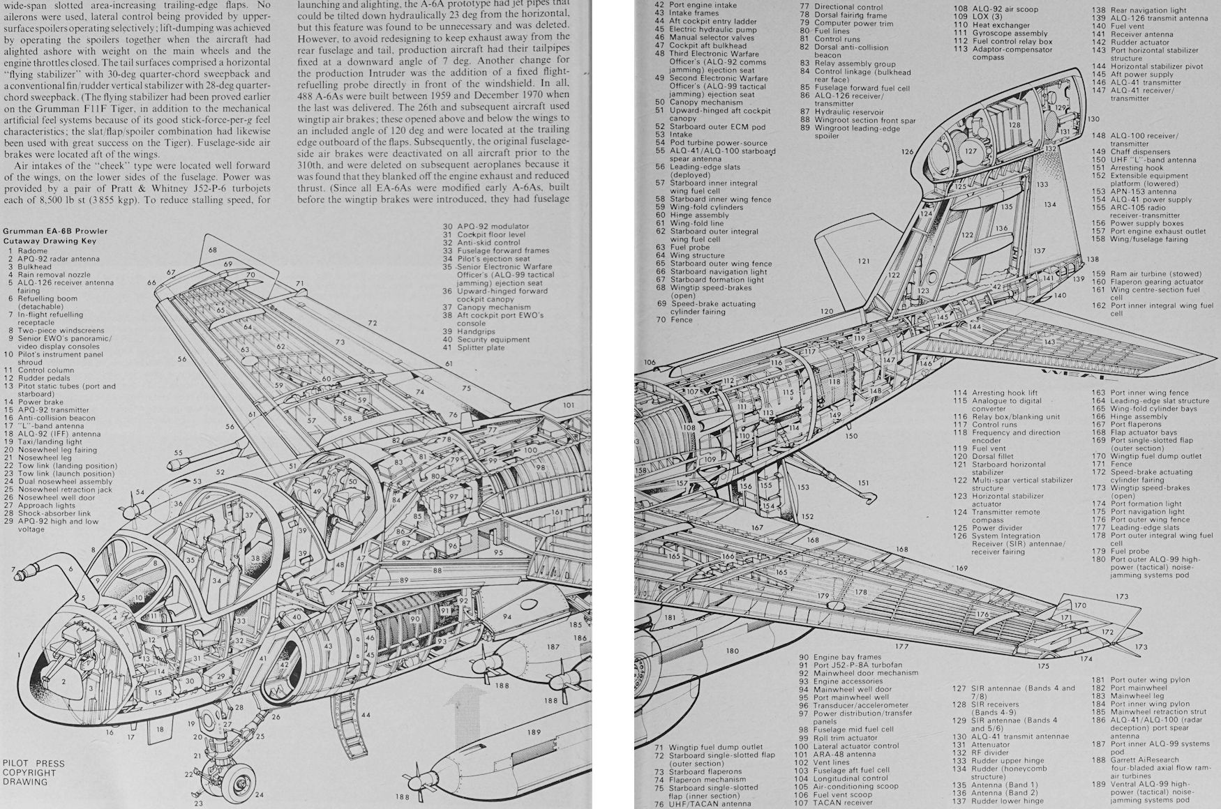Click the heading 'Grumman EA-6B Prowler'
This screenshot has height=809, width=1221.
click(56, 232)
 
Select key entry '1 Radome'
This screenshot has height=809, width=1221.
click(28, 251)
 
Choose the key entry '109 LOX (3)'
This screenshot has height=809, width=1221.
click(982, 17)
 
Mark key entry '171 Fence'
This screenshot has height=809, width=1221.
click(1121, 464)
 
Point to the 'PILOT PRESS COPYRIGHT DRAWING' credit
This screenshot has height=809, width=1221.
click(34, 773)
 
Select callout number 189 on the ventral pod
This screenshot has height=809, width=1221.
click(534, 732)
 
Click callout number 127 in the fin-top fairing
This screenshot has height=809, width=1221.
click(970, 151)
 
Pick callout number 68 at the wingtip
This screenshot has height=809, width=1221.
click(212, 250)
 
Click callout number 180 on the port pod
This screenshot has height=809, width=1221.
click(731, 651)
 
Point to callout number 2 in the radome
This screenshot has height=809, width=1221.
click(63, 682)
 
